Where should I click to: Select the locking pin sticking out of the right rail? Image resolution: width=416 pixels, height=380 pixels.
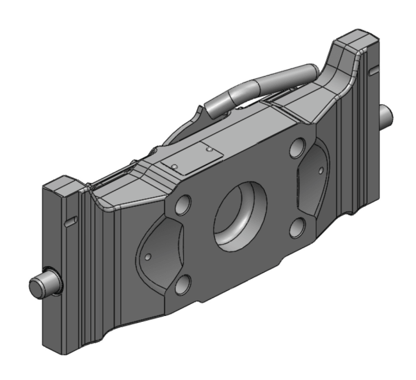[x=386, y=115]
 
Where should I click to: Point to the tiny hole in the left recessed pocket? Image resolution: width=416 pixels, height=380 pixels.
[x=148, y=257]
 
